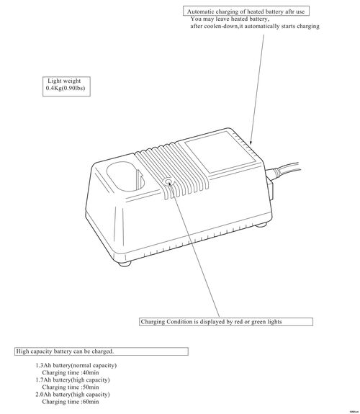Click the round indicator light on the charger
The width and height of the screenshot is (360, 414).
tap(168, 182)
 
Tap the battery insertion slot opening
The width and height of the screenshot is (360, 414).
tap(125, 176)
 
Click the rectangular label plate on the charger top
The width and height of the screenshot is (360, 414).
tap(220, 153)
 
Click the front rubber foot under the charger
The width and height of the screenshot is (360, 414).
tap(125, 264)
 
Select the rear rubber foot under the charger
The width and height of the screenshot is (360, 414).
tap(261, 225)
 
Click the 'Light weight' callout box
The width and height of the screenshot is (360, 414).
tap(66, 86)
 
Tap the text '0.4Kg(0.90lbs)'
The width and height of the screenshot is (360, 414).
tap(66, 88)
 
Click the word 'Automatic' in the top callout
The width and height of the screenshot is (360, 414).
tap(200, 12)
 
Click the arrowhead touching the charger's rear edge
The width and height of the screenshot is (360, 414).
tap(251, 141)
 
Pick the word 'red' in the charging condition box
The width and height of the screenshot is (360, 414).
tap(239, 322)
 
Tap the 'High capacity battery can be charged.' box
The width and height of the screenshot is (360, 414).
tap(102, 351)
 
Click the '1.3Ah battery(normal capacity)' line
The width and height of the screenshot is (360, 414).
tap(76, 366)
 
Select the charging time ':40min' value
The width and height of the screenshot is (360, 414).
tap(90, 372)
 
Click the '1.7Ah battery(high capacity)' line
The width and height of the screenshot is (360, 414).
tap(73, 380)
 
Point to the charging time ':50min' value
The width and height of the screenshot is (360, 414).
tap(90, 387)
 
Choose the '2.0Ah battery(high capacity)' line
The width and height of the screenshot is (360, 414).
tap(73, 395)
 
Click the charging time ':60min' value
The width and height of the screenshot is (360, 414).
tap(90, 402)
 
